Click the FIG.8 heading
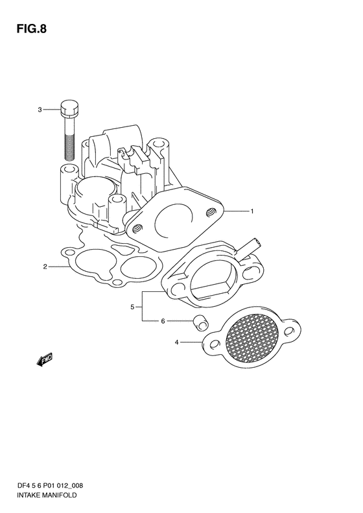pos(32,29)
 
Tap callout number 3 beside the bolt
pos(40,110)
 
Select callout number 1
pos(252,211)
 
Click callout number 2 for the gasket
pos(45,267)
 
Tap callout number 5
pos(132,307)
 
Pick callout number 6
pos(163,321)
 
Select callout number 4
pos(176,342)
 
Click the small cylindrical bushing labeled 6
pos(200,322)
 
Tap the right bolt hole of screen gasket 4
pos(289,331)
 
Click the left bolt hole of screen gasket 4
pos(214,344)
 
